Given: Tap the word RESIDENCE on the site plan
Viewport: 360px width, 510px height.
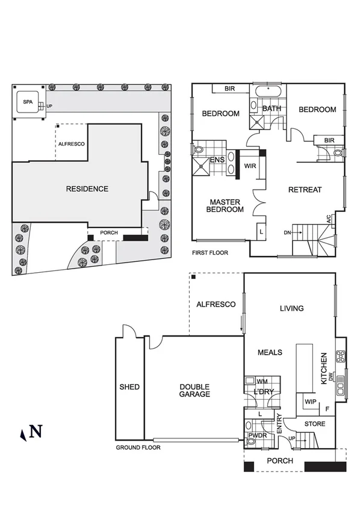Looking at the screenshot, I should point(87,189).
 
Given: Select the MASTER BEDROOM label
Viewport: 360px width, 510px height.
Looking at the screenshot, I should point(225,205).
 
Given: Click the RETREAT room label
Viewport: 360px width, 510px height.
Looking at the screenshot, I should point(305,190).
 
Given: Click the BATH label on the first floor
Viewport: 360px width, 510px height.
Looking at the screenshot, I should point(272,109).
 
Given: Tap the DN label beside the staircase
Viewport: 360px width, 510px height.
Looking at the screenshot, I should point(287,232).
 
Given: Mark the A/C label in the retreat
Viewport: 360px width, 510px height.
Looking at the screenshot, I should point(329,220).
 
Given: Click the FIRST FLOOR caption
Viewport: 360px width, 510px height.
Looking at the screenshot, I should point(210,253).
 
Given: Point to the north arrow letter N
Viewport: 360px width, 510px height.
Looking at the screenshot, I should point(36,431).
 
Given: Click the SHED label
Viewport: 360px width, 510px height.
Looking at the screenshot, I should point(129,387).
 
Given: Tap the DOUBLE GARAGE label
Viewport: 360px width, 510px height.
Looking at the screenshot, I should point(195,390).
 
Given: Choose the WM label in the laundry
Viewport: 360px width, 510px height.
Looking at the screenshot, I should point(262,381).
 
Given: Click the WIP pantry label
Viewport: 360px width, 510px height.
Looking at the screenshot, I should point(311,402).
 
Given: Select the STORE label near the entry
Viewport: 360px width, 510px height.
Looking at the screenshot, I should point(314,424).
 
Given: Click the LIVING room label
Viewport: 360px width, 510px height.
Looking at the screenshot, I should point(291,308).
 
